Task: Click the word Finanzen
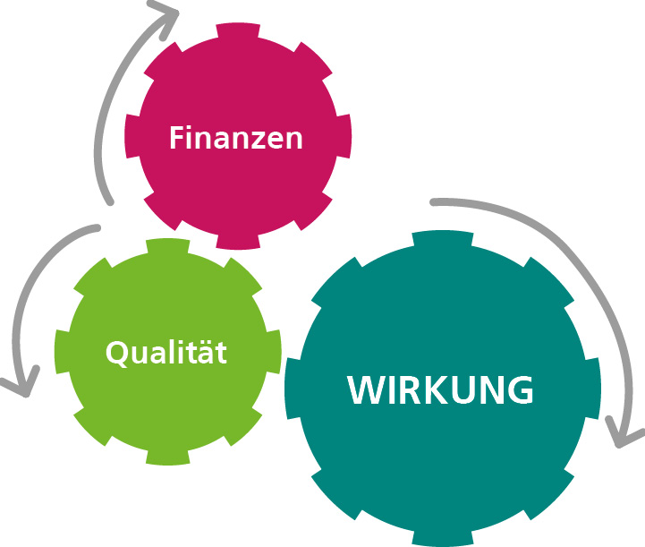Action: pyautogui.click(x=236, y=139)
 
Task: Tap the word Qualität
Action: pyautogui.click(x=166, y=352)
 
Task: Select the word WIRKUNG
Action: pyautogui.click(x=441, y=390)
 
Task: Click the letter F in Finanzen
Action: pyautogui.click(x=176, y=139)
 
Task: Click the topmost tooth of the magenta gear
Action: pyautogui.click(x=236, y=30)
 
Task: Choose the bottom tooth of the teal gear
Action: pyautogui.click(x=441, y=539)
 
